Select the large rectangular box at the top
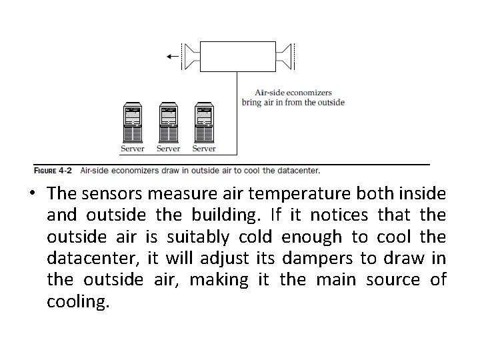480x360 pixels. (238, 56)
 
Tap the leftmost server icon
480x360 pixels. (132, 122)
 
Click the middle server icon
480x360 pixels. (168, 122)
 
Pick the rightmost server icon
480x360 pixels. (204, 122)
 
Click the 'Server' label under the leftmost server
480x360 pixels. (132, 149)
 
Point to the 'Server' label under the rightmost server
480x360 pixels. (204, 149)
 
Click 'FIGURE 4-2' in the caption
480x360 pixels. (54, 170)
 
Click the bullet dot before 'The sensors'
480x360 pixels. (33, 195)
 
